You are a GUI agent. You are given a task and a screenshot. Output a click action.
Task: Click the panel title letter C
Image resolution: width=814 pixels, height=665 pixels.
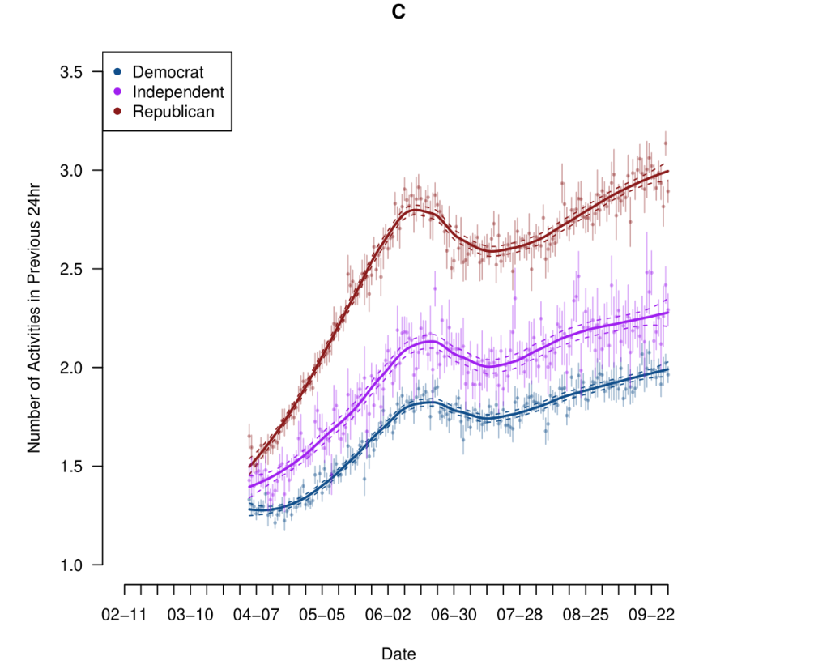398,13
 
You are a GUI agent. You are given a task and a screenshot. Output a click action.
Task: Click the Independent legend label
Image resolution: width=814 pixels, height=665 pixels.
178,92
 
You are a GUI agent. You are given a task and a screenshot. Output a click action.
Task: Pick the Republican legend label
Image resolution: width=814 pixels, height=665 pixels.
173,112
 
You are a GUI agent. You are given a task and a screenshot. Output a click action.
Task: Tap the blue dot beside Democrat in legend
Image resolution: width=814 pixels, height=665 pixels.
117,72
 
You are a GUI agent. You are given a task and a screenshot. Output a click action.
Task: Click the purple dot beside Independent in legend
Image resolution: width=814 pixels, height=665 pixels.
117,92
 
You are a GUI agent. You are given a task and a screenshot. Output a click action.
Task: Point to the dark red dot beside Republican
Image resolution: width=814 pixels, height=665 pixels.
117,112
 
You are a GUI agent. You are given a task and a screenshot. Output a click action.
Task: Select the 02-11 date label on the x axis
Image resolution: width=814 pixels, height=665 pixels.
124,615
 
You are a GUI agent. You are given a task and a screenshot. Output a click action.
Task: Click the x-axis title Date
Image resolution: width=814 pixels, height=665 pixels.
398,653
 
